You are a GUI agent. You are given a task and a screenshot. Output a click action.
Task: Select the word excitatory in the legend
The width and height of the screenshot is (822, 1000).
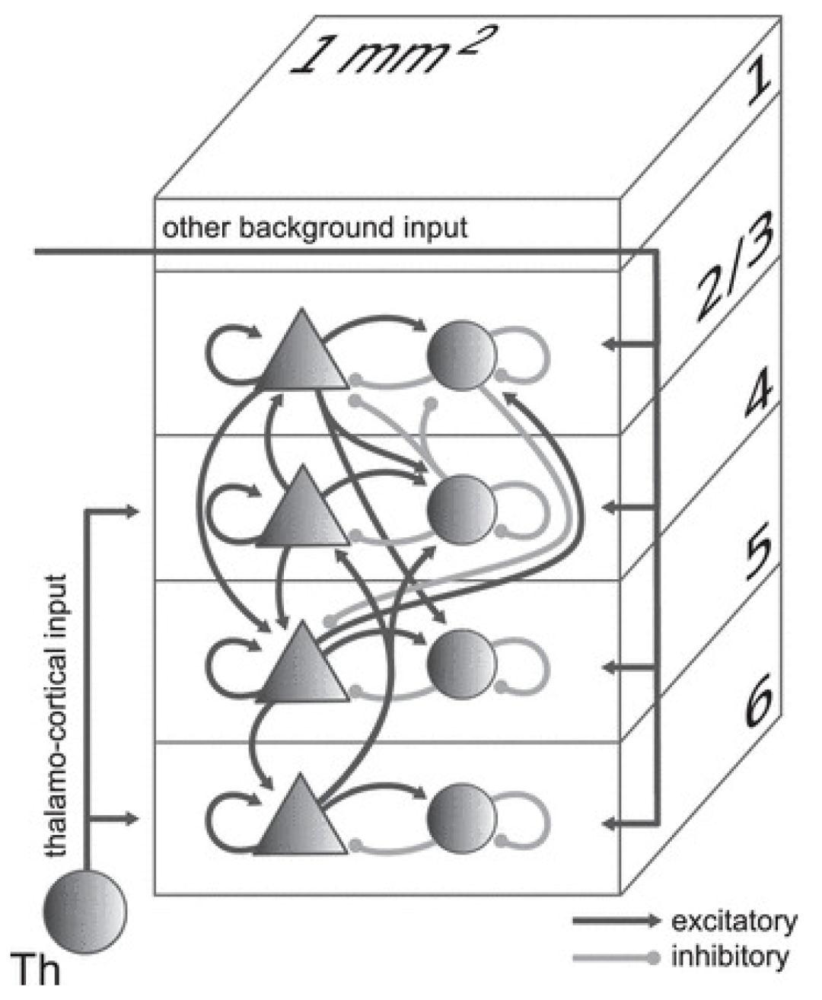click(734, 922)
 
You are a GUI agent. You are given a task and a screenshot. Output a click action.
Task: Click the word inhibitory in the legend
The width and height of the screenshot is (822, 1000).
click(728, 957)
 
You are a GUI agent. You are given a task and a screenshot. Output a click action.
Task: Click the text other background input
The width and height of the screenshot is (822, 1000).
click(315, 228)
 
